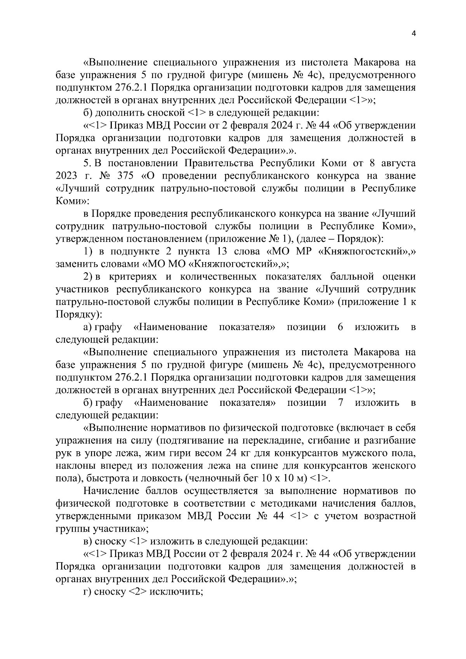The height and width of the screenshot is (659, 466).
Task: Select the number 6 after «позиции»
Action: pyautogui.click(x=340, y=327)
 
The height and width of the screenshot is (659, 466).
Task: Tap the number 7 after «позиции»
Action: pyautogui.click(x=341, y=403)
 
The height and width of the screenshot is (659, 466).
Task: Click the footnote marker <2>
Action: pyautogui.click(x=137, y=592)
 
